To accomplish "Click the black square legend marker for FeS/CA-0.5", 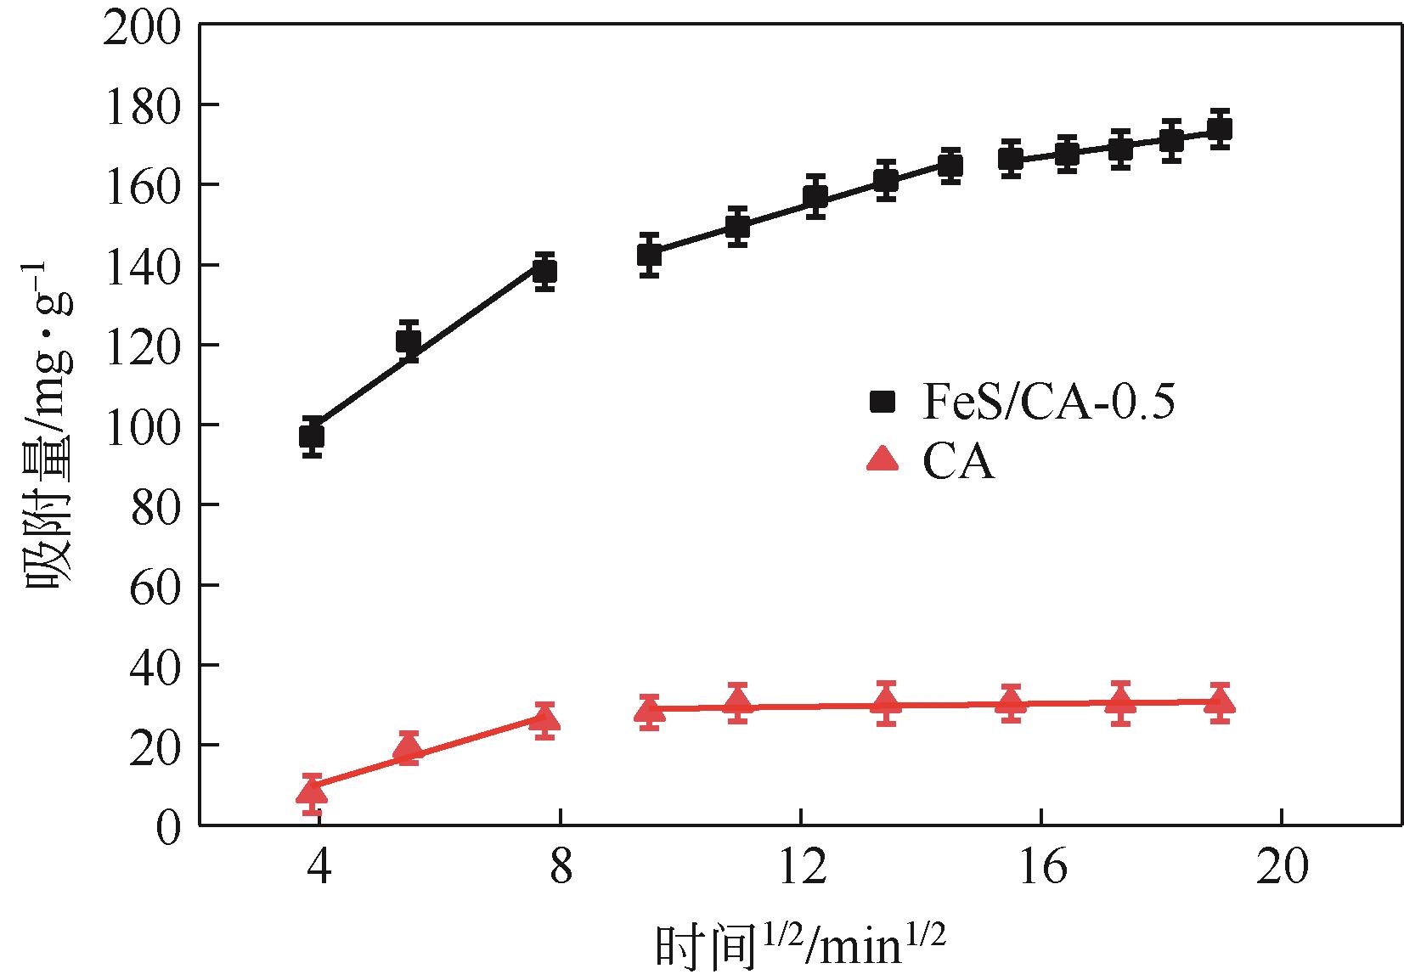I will (x=883, y=402).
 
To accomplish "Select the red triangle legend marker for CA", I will (x=883, y=459).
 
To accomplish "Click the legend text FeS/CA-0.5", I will (x=1048, y=402).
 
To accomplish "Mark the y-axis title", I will (x=48, y=425).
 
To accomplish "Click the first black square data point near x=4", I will (x=312, y=436).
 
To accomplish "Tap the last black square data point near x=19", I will (x=1220, y=129).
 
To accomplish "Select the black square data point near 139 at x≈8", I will (x=544, y=271).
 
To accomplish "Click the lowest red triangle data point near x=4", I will (x=312, y=791).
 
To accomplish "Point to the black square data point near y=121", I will (x=409, y=341).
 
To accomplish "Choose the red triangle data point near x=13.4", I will (x=886, y=702).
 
